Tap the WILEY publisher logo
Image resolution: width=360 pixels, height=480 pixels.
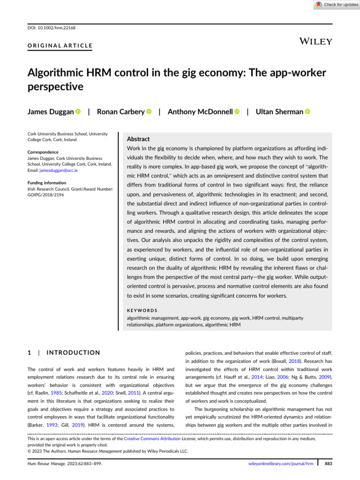pyautogui.click(x=315, y=41)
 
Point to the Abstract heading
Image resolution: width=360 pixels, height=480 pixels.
pyautogui.click(x=139, y=139)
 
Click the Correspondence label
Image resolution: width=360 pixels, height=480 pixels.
pyautogui.click(x=43, y=152)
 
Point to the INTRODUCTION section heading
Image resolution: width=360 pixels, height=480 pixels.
pyautogui.click(x=70, y=352)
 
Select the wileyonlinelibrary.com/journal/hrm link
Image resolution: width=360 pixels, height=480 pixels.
pyautogui.click(x=280, y=463)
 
